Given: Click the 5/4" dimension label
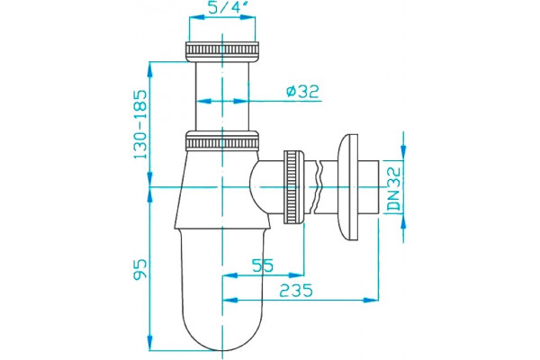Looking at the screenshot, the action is pyautogui.click(x=224, y=7).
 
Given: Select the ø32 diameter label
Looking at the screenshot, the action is pyautogui.click(x=302, y=91).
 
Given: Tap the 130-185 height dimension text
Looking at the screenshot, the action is pyautogui.click(x=140, y=124).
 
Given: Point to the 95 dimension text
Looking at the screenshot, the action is pyautogui.click(x=140, y=269).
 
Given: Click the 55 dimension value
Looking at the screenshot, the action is pyautogui.click(x=263, y=265).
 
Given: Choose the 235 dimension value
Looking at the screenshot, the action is pyautogui.click(x=296, y=291).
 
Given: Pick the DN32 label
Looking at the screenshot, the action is pyautogui.click(x=393, y=189).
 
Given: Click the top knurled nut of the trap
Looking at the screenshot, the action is pyautogui.click(x=222, y=51).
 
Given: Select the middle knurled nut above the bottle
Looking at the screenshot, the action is pyautogui.click(x=222, y=140).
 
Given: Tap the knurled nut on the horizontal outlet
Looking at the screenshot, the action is pyautogui.click(x=293, y=187).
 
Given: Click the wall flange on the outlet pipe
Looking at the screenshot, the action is pyautogui.click(x=349, y=187).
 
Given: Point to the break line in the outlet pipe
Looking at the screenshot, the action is pyautogui.click(x=319, y=187).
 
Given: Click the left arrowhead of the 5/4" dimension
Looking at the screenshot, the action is pyautogui.click(x=196, y=18).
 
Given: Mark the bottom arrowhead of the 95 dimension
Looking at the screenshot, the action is pyautogui.click(x=149, y=343).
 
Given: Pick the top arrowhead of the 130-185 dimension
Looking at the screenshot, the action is pyautogui.click(x=149, y=69).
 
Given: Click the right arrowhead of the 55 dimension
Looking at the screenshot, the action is pyautogui.click(x=297, y=275).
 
